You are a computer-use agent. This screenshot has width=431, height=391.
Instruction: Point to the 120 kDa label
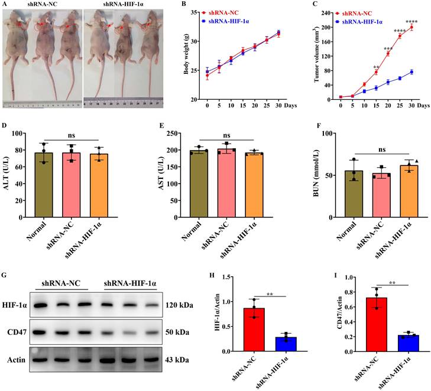[x=180, y=305]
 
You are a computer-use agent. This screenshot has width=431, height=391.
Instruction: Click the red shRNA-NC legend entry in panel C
[x=359, y=12]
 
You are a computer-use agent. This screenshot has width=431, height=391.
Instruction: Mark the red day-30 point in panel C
[x=411, y=27]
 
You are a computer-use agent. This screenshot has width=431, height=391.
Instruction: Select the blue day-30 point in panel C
[x=411, y=72]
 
